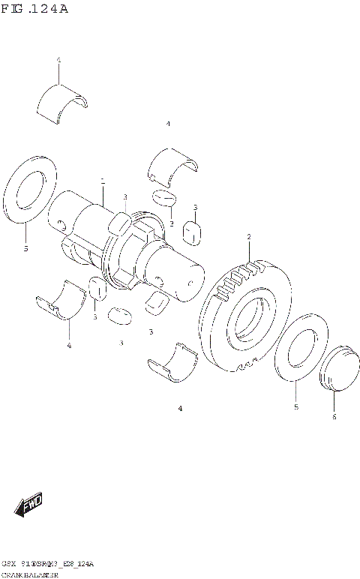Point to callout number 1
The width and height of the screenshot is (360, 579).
pos(103,181)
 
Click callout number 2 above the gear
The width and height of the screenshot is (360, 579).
pos(248,238)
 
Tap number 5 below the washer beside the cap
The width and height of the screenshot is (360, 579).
pos(295,406)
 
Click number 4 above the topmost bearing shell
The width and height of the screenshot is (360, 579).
pos(58,59)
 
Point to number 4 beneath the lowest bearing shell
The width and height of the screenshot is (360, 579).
pos(180,409)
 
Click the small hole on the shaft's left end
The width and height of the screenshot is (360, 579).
pos(60,223)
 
